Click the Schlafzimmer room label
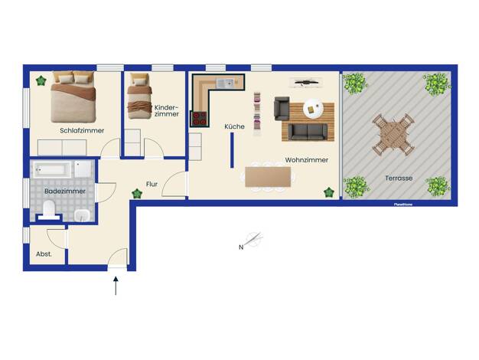[x=82, y=131]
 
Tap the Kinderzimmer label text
[x=167, y=111]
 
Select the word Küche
[x=234, y=126]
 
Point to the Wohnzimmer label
[x=306, y=160]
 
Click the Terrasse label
[x=399, y=178]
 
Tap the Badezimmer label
[x=65, y=191]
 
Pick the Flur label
[x=152, y=184]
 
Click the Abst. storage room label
[x=44, y=254]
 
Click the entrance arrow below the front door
[x=116, y=286]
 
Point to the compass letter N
[x=241, y=247]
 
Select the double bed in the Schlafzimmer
[x=73, y=97]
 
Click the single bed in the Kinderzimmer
[x=139, y=96]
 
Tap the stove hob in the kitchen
[x=199, y=119]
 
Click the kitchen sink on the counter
[x=225, y=82]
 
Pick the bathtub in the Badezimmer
[x=52, y=169]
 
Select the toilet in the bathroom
[x=48, y=209]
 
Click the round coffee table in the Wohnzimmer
[x=313, y=109]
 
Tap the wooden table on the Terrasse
[x=393, y=134]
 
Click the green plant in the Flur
[x=137, y=193]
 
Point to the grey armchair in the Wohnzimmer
[x=282, y=108]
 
